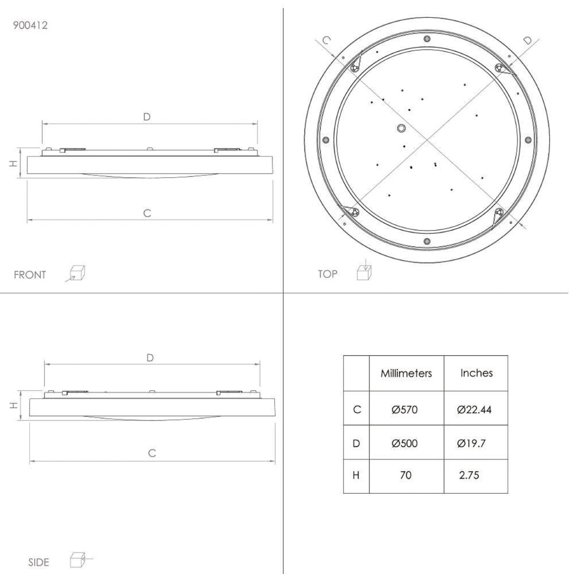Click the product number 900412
[x=30, y=25]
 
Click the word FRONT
[x=30, y=275]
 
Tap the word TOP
[x=328, y=274]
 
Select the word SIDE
[x=39, y=563]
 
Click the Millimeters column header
[x=406, y=373]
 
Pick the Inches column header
[x=476, y=373]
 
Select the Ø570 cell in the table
[x=404, y=409]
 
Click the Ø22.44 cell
[x=474, y=409]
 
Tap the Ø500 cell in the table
[x=404, y=443]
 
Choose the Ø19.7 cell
[x=471, y=443]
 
